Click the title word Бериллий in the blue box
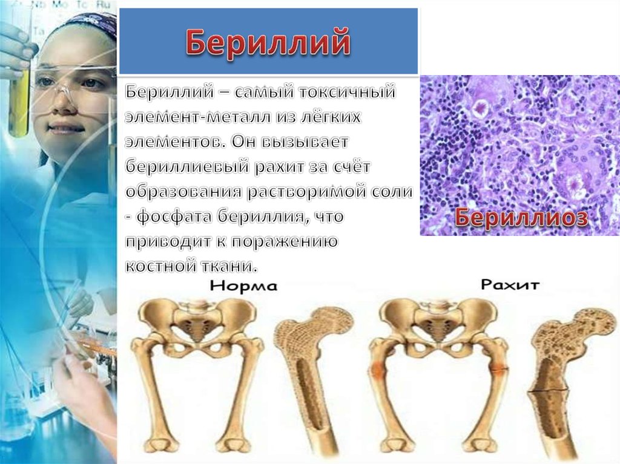point(268,42)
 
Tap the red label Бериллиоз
point(521,218)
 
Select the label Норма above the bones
point(244,286)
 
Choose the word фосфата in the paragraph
point(181,215)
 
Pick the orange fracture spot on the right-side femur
point(498,367)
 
